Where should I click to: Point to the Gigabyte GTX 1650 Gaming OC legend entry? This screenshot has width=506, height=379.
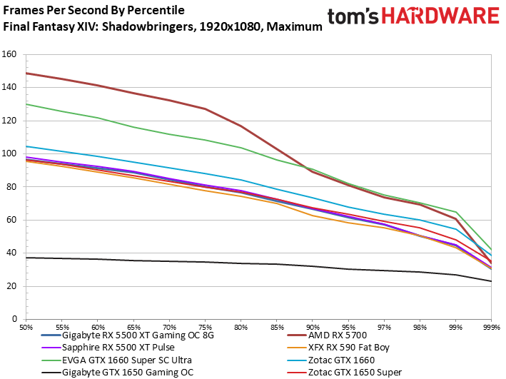[128, 372]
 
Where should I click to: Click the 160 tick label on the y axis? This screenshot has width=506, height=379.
[10, 54]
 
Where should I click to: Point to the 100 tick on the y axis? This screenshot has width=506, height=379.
[10, 153]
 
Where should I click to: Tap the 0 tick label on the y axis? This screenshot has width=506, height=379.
[14, 320]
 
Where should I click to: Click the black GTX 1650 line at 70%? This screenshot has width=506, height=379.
[169, 261]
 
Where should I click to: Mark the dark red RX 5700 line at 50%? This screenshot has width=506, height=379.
[26, 73]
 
